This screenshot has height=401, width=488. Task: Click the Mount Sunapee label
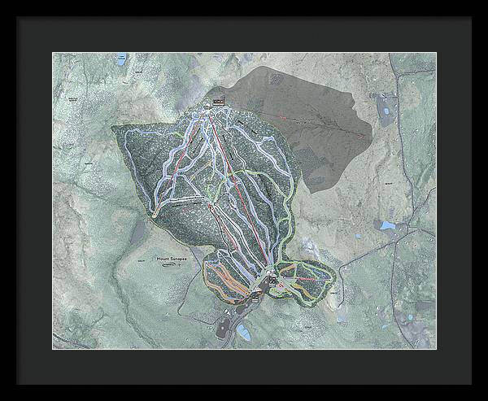click(x=173, y=259)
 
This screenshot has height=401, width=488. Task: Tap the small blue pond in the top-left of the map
click(x=121, y=60)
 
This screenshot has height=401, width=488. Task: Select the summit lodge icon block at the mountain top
click(x=218, y=102)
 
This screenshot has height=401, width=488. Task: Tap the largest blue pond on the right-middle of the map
click(x=388, y=224)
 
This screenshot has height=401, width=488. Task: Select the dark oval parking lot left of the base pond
click(x=224, y=328)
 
